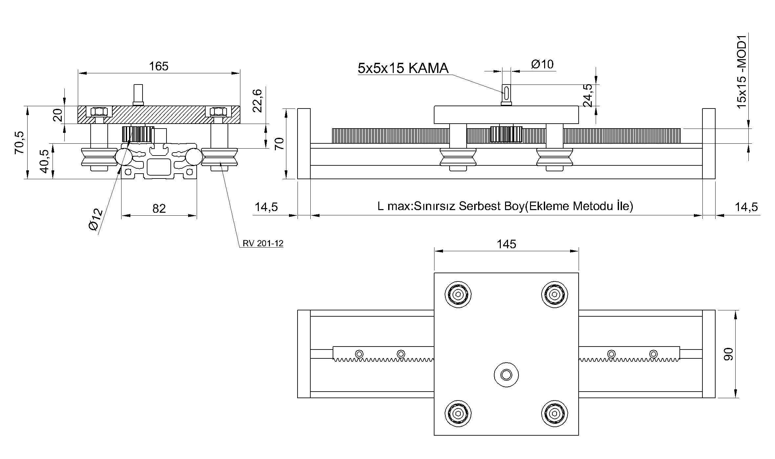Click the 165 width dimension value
[159, 66]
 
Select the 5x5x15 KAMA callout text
[403, 68]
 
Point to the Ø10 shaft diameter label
[542, 64]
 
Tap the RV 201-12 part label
[263, 244]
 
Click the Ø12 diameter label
[96, 219]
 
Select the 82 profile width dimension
[159, 208]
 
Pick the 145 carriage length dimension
[506, 244]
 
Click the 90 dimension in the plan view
[728, 354]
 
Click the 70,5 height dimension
[19, 142]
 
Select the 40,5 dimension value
[44, 161]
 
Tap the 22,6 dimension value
[258, 101]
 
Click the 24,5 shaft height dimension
[588, 95]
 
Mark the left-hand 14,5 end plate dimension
[266, 207]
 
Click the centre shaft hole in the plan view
[506, 374]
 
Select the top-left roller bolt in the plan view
[458, 295]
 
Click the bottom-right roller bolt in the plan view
[554, 413]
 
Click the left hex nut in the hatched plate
[99, 111]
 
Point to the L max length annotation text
[505, 206]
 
